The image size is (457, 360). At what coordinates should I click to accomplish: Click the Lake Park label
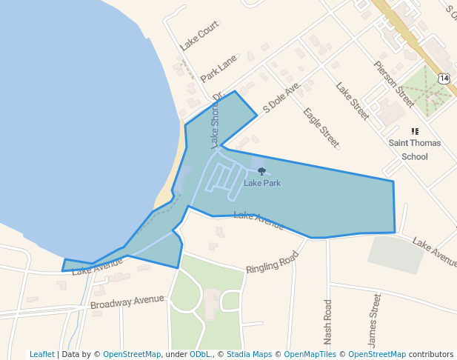[x=262, y=183]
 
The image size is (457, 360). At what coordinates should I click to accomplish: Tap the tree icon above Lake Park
[x=261, y=171]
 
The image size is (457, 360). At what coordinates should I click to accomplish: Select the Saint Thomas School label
[x=415, y=150]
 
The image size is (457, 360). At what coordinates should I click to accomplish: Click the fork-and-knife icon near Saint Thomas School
[x=415, y=131]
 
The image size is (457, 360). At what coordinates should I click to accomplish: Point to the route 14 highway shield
[x=443, y=78]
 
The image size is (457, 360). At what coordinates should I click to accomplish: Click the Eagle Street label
[x=321, y=127]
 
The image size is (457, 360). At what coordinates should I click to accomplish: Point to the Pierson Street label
[x=394, y=84]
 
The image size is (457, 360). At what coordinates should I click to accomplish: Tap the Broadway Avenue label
[x=127, y=302]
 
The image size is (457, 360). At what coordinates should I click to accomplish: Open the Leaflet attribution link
[x=41, y=354]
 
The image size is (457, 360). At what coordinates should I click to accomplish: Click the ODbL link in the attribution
[x=199, y=354]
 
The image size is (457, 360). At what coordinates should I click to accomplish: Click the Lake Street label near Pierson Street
[x=352, y=101]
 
